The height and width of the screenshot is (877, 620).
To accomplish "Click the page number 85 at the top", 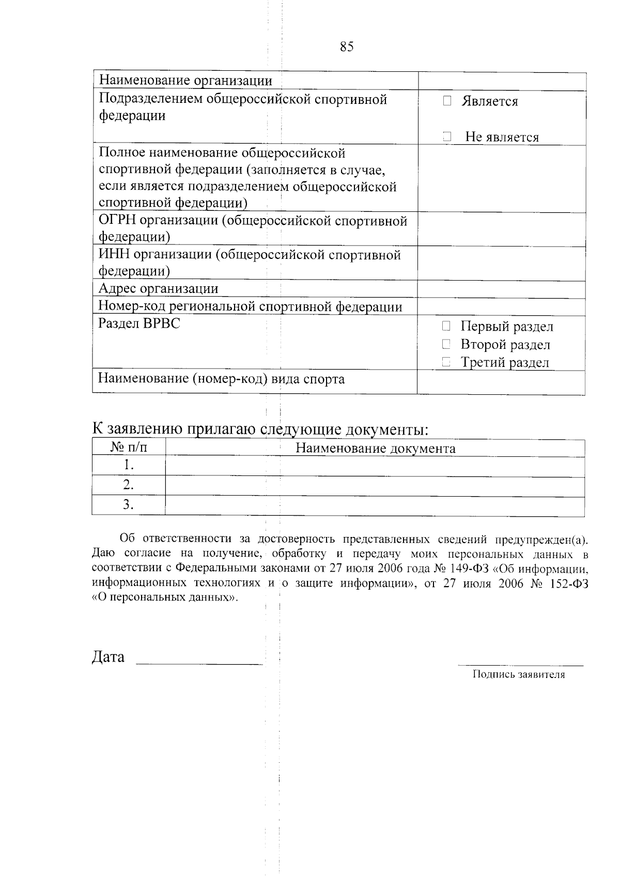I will click(x=347, y=47).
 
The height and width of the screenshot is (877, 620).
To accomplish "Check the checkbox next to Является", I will click(x=447, y=101).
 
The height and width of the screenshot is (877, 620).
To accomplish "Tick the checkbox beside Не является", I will click(x=447, y=137).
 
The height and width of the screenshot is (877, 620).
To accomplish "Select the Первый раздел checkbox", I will click(x=446, y=326).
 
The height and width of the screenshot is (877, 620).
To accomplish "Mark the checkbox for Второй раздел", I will click(x=446, y=344).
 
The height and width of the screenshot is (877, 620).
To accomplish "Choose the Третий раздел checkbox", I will click(x=446, y=363).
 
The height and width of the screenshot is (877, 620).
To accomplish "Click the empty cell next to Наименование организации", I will click(x=501, y=81).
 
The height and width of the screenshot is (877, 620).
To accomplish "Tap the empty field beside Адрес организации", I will click(x=501, y=289).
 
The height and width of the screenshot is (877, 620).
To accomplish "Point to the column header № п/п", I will click(x=129, y=448).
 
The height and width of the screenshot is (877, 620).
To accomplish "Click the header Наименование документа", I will click(x=375, y=448).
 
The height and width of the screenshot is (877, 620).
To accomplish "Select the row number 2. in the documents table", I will click(x=129, y=485).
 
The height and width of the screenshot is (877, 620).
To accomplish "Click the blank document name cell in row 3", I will click(x=375, y=505).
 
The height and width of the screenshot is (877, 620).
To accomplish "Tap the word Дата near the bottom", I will click(x=108, y=657).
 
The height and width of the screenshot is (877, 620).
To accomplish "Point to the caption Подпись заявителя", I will click(x=518, y=674).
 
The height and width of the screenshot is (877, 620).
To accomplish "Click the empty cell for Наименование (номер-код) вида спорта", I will click(x=501, y=382).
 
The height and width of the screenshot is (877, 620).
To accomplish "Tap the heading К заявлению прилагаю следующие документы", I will click(x=261, y=429).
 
